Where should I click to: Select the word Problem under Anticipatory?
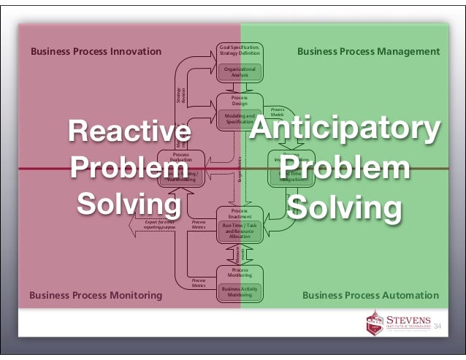click(344, 169)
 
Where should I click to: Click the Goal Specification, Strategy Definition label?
click(240, 50)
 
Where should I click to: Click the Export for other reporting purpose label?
click(159, 224)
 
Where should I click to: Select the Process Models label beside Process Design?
click(277, 112)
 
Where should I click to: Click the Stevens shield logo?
click(375, 322)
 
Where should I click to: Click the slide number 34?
click(439, 325)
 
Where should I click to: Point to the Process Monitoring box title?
click(240, 272)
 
